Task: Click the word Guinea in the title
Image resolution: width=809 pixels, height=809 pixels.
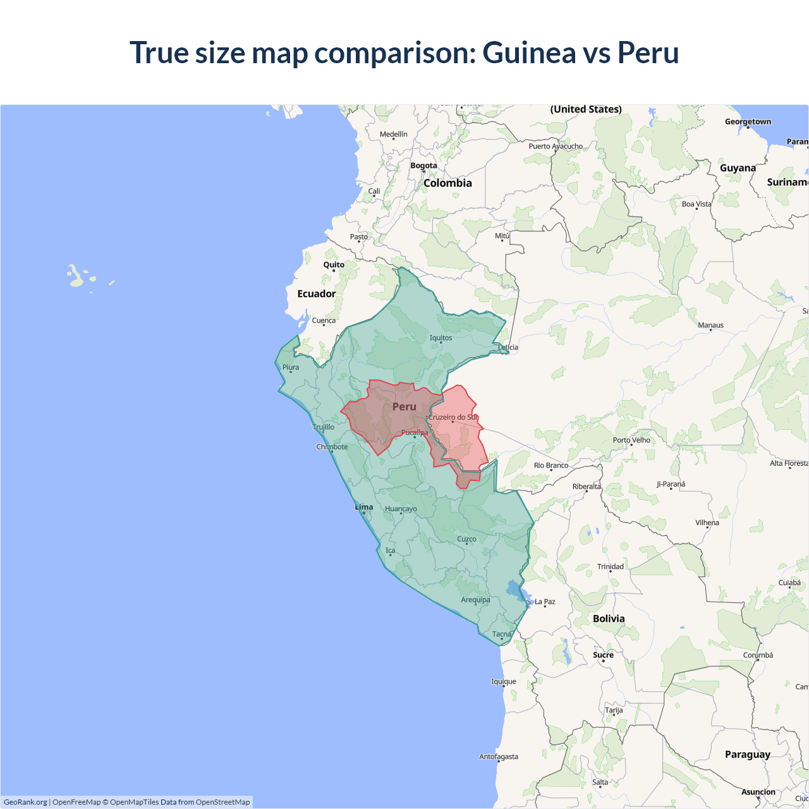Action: (x=528, y=52)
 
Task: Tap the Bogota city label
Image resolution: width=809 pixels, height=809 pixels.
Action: (x=423, y=166)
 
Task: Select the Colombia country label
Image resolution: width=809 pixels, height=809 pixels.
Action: (x=447, y=183)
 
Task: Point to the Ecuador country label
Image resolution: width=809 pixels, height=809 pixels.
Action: (x=317, y=294)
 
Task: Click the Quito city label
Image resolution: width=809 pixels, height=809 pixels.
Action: (x=334, y=265)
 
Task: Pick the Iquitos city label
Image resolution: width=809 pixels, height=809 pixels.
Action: (x=441, y=338)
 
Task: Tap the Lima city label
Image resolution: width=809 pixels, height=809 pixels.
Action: (x=364, y=507)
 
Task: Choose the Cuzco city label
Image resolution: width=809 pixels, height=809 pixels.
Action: (x=466, y=539)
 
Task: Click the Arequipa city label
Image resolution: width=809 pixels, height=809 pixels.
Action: (x=475, y=600)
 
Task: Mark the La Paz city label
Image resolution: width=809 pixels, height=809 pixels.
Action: (x=545, y=602)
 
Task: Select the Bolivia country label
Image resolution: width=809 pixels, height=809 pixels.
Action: (x=609, y=619)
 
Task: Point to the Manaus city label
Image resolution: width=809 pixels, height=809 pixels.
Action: (x=710, y=325)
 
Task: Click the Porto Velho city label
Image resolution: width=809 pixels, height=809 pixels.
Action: (x=631, y=440)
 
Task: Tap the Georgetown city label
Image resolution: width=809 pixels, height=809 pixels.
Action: (x=748, y=122)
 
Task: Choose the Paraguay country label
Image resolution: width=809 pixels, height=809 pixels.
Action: (x=747, y=755)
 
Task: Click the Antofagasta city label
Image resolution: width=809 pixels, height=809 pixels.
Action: (x=498, y=757)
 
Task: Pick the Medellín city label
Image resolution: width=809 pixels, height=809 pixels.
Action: (x=393, y=134)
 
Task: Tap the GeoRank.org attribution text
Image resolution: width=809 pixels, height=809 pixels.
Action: (x=25, y=802)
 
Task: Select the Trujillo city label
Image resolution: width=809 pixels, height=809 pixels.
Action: (x=324, y=427)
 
